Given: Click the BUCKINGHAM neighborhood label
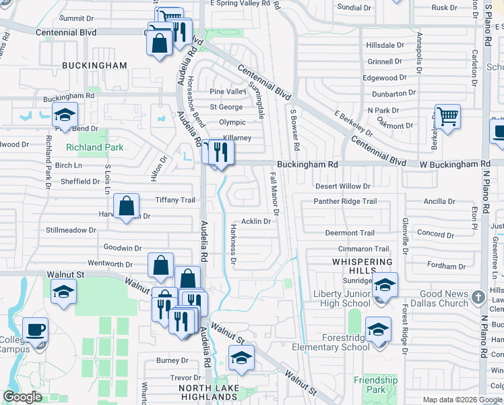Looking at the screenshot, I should (94, 65).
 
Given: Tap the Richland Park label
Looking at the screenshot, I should (94, 147).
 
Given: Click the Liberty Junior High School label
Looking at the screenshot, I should (342, 298).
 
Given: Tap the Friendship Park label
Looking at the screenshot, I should (375, 385).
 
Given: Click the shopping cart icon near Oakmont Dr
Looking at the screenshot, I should (447, 117).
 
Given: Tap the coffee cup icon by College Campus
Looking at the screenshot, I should (35, 330).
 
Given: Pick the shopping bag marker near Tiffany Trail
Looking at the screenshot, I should (127, 206).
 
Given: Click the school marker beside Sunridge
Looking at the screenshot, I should (385, 285).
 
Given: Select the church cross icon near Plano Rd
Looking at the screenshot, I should (478, 297).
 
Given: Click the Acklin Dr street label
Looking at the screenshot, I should (255, 221).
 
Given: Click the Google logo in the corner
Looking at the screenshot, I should (22, 398).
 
